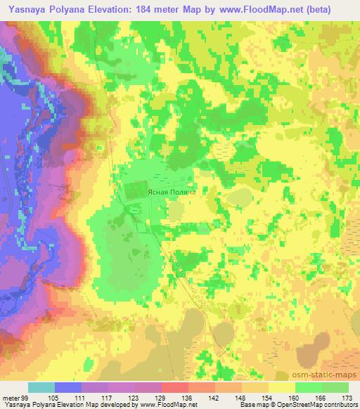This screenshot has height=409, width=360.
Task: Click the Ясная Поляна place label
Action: point(169,190)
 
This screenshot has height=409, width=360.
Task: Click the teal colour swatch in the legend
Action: point(41,388)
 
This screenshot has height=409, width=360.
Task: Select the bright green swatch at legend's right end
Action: point(335,388)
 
